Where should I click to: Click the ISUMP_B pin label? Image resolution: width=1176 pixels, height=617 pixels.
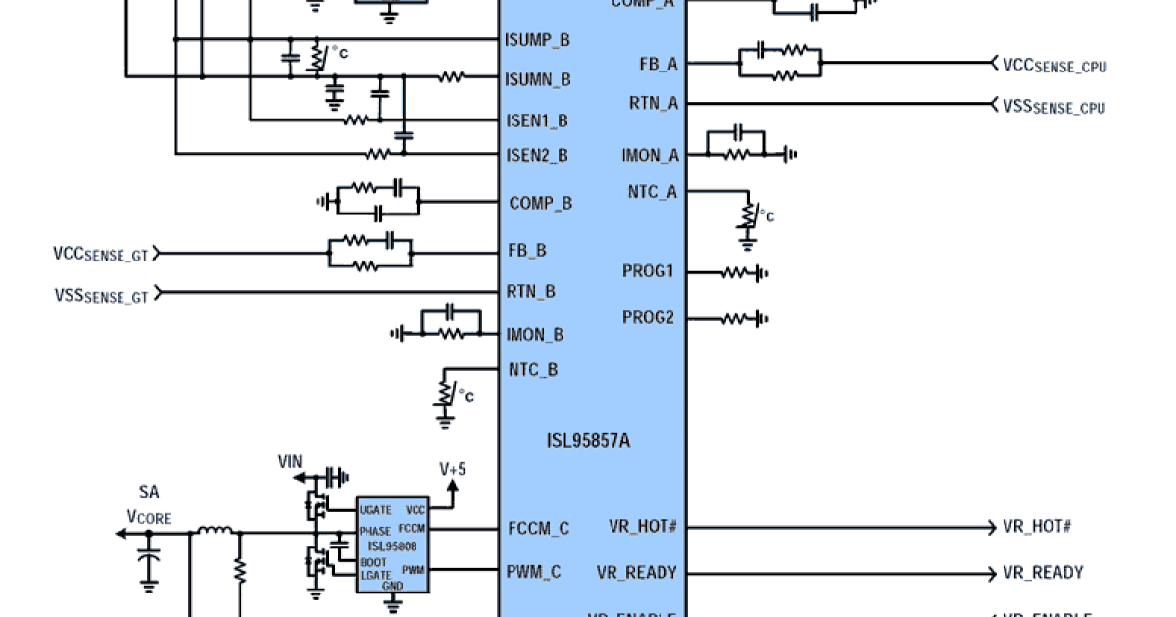pyautogui.click(x=537, y=40)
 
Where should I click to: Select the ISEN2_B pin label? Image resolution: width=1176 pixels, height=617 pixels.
pyautogui.click(x=536, y=155)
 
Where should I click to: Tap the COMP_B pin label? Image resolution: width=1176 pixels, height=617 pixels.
pyautogui.click(x=540, y=204)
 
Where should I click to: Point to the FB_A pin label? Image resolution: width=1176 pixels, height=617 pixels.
pyautogui.click(x=658, y=65)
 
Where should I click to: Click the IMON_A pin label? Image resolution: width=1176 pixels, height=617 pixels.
pyautogui.click(x=650, y=155)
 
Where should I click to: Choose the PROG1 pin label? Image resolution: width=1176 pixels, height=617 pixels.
pyautogui.click(x=648, y=271)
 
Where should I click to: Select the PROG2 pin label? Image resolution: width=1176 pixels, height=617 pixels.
pyautogui.click(x=648, y=318)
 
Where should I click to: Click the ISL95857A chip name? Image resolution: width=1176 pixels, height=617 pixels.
pyautogui.click(x=588, y=441)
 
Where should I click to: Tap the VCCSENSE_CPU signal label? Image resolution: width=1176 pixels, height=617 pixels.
pyautogui.click(x=1053, y=66)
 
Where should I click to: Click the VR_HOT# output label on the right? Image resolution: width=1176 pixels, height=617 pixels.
pyautogui.click(x=1037, y=526)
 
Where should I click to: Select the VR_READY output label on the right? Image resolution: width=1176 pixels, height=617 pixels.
pyautogui.click(x=1043, y=573)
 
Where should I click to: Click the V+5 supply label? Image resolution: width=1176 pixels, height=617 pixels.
pyautogui.click(x=453, y=469)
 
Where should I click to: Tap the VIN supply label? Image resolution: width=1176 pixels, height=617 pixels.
pyautogui.click(x=291, y=460)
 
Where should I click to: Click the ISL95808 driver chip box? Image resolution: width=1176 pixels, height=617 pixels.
pyautogui.click(x=392, y=544)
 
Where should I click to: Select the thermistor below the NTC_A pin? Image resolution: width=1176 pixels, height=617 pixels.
pyautogui.click(x=749, y=214)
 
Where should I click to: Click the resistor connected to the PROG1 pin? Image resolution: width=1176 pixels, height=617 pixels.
pyautogui.click(x=736, y=273)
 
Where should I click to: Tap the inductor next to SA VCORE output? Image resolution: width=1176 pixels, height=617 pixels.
pyautogui.click(x=216, y=533)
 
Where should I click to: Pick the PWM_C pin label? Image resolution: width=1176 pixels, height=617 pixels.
pyautogui.click(x=534, y=573)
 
